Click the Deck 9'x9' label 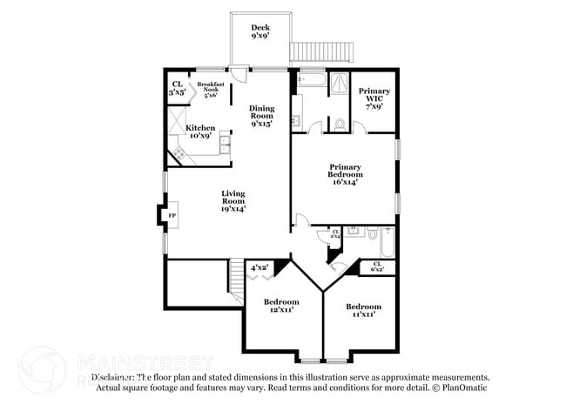259,32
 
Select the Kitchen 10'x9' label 200,132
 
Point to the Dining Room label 262,117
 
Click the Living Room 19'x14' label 232,201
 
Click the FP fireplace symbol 172,216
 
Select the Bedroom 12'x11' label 281,307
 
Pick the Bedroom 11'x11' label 362,311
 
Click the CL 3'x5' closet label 178,87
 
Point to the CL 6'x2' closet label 377,267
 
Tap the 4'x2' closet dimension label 259,267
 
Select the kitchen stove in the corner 180,154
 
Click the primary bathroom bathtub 311,80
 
